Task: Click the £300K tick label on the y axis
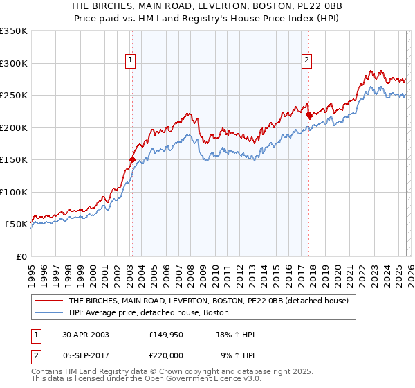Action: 14,63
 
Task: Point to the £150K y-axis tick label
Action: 14,159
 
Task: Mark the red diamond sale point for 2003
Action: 132,159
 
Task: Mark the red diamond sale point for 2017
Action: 309,115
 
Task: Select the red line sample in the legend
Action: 48,301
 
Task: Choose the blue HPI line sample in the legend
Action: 48,312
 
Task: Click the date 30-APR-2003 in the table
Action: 84,335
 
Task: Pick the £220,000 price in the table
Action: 167,355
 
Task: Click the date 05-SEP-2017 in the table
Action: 84,355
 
